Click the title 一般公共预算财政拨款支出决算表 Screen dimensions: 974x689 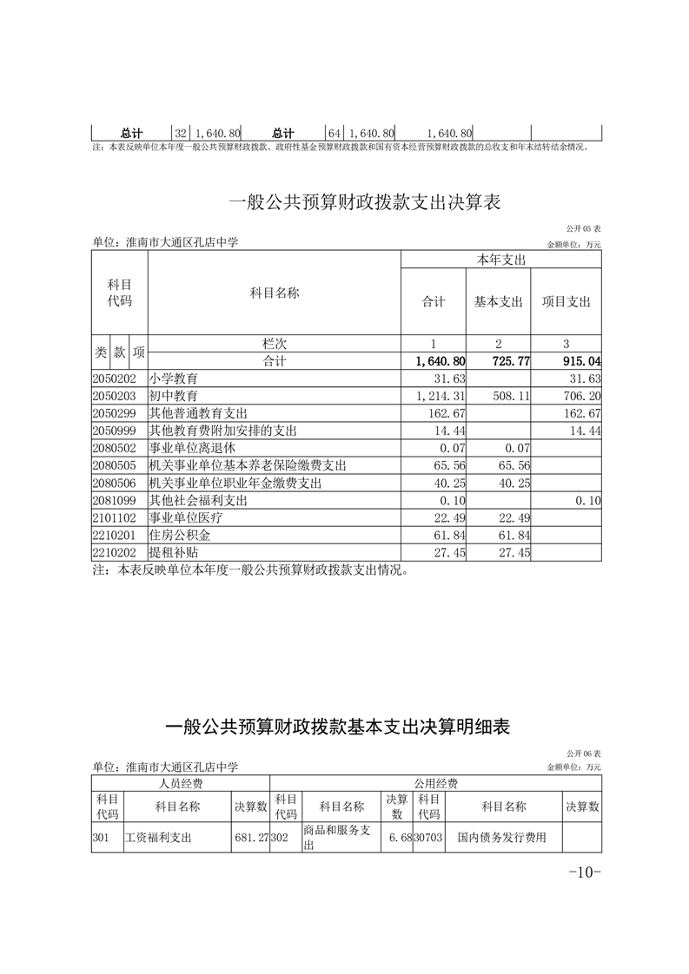[365, 203]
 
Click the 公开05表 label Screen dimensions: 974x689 [583, 228]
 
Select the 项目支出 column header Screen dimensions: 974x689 [566, 302]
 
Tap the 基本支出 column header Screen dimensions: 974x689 [498, 302]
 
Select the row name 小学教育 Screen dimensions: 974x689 [174, 378]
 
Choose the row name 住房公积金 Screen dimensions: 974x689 [180, 536]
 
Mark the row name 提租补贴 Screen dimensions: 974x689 [174, 553]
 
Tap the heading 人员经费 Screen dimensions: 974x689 [180, 782]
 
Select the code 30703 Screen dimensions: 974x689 [428, 839]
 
